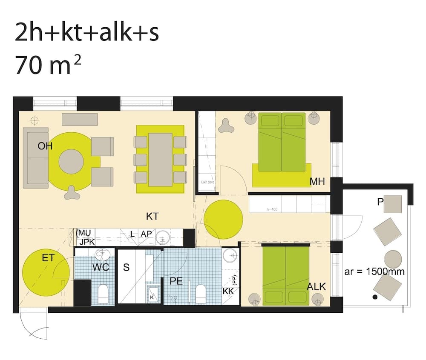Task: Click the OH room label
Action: pyautogui.click(x=45, y=146)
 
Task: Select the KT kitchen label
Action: pyautogui.click(x=152, y=216)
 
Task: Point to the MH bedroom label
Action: pyautogui.click(x=317, y=182)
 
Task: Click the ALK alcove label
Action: pyautogui.click(x=316, y=287)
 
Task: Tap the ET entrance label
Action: pyautogui.click(x=48, y=257)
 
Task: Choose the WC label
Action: pyautogui.click(x=101, y=268)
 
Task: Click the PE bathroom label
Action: pyautogui.click(x=176, y=281)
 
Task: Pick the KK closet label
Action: pyautogui.click(x=228, y=291)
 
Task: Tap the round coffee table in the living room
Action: pyautogui.click(x=71, y=161)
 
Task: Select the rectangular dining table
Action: pyautogui.click(x=160, y=160)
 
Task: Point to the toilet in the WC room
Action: pyautogui.click(x=103, y=293)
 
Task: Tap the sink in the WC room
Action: pyautogui.click(x=102, y=255)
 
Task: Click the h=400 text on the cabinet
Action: pyautogui.click(x=271, y=209)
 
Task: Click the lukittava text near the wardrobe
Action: pyautogui.click(x=207, y=182)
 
